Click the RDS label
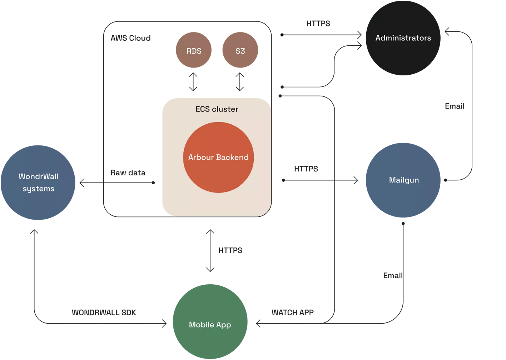(x=194, y=51)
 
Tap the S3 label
(x=240, y=51)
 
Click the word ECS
(x=203, y=109)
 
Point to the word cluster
(x=225, y=109)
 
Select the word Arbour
(x=201, y=157)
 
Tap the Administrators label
(x=403, y=38)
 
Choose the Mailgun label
(x=404, y=180)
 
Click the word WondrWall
(x=39, y=176)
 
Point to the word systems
(x=39, y=189)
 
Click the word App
(x=223, y=325)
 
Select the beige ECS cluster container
(x=172, y=200)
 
